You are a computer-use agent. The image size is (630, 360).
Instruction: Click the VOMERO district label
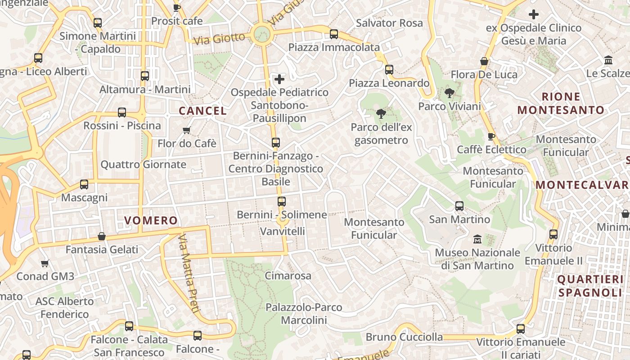(x=151, y=220)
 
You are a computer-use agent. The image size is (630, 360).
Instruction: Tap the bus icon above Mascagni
(x=84, y=184)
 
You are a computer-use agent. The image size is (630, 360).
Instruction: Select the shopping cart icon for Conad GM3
(x=45, y=263)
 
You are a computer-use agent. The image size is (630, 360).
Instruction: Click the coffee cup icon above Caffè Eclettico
(x=491, y=136)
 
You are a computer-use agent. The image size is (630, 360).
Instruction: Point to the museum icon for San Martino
(x=477, y=239)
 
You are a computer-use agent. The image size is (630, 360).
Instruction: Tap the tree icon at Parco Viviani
(x=449, y=93)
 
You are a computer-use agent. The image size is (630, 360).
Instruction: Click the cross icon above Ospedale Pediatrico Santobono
(x=279, y=79)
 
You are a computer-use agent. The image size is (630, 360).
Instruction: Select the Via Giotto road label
(x=219, y=38)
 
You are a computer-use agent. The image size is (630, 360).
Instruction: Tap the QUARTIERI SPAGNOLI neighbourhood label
(x=590, y=286)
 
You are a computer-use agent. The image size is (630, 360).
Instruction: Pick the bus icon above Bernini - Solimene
(x=282, y=202)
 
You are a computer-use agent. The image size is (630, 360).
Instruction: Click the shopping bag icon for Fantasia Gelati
(x=102, y=236)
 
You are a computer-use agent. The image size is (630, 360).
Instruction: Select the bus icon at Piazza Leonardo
(x=389, y=70)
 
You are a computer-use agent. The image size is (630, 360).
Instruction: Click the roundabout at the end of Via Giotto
(x=261, y=34)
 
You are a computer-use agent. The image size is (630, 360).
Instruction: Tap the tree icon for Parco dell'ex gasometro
(x=381, y=113)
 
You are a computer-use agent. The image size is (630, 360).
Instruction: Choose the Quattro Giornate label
(x=143, y=164)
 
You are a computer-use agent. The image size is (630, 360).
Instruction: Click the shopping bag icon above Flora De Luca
(x=484, y=61)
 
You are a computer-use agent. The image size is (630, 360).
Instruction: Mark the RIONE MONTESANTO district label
(x=561, y=103)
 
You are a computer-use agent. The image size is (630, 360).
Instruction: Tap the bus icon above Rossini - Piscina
(x=122, y=112)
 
